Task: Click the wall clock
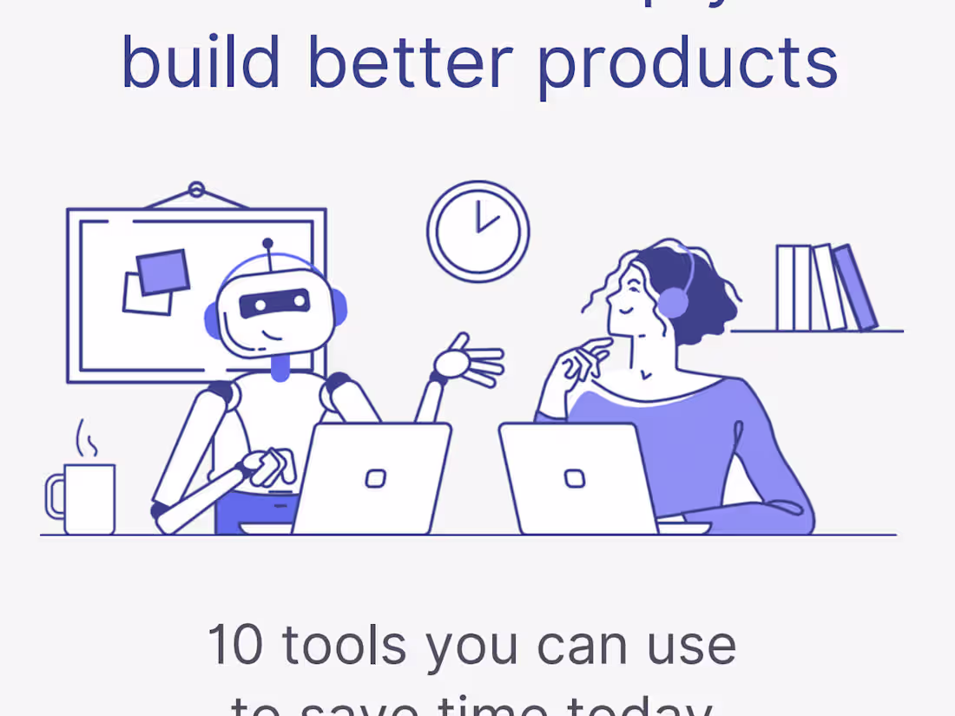coord(477,231)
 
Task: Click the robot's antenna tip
coord(267,244)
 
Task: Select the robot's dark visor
coord(274,302)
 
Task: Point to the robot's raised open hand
coord(469,359)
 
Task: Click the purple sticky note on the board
coord(162,272)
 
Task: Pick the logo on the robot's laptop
coord(375,478)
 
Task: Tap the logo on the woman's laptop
coord(574,478)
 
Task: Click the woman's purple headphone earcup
coord(672,303)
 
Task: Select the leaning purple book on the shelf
coord(855,287)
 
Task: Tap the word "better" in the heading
coord(415,62)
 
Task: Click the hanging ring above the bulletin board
coord(196,189)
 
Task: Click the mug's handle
coord(56,496)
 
